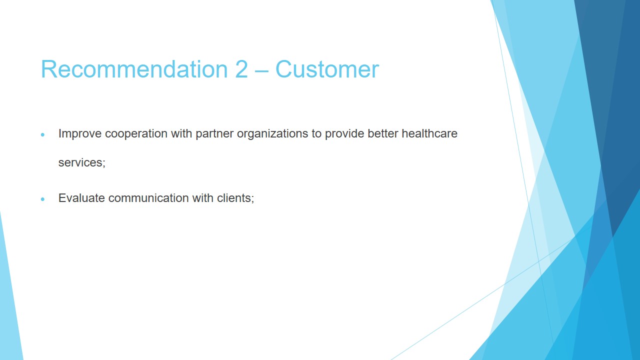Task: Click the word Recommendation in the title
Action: tap(134, 69)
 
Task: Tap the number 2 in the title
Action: tap(241, 69)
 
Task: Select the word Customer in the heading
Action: tap(327, 69)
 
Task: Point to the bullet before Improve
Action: tap(43, 134)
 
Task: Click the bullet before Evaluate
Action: tap(43, 199)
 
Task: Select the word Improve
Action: tap(79, 133)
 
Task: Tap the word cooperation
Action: tap(136, 133)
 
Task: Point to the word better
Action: tap(383, 133)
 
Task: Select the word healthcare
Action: tap(429, 133)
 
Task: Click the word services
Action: tap(80, 163)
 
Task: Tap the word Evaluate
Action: tap(81, 197)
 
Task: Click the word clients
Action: tap(233, 197)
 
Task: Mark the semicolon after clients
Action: tap(252, 199)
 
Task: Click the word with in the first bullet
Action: tap(181, 133)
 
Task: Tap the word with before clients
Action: tap(202, 197)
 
